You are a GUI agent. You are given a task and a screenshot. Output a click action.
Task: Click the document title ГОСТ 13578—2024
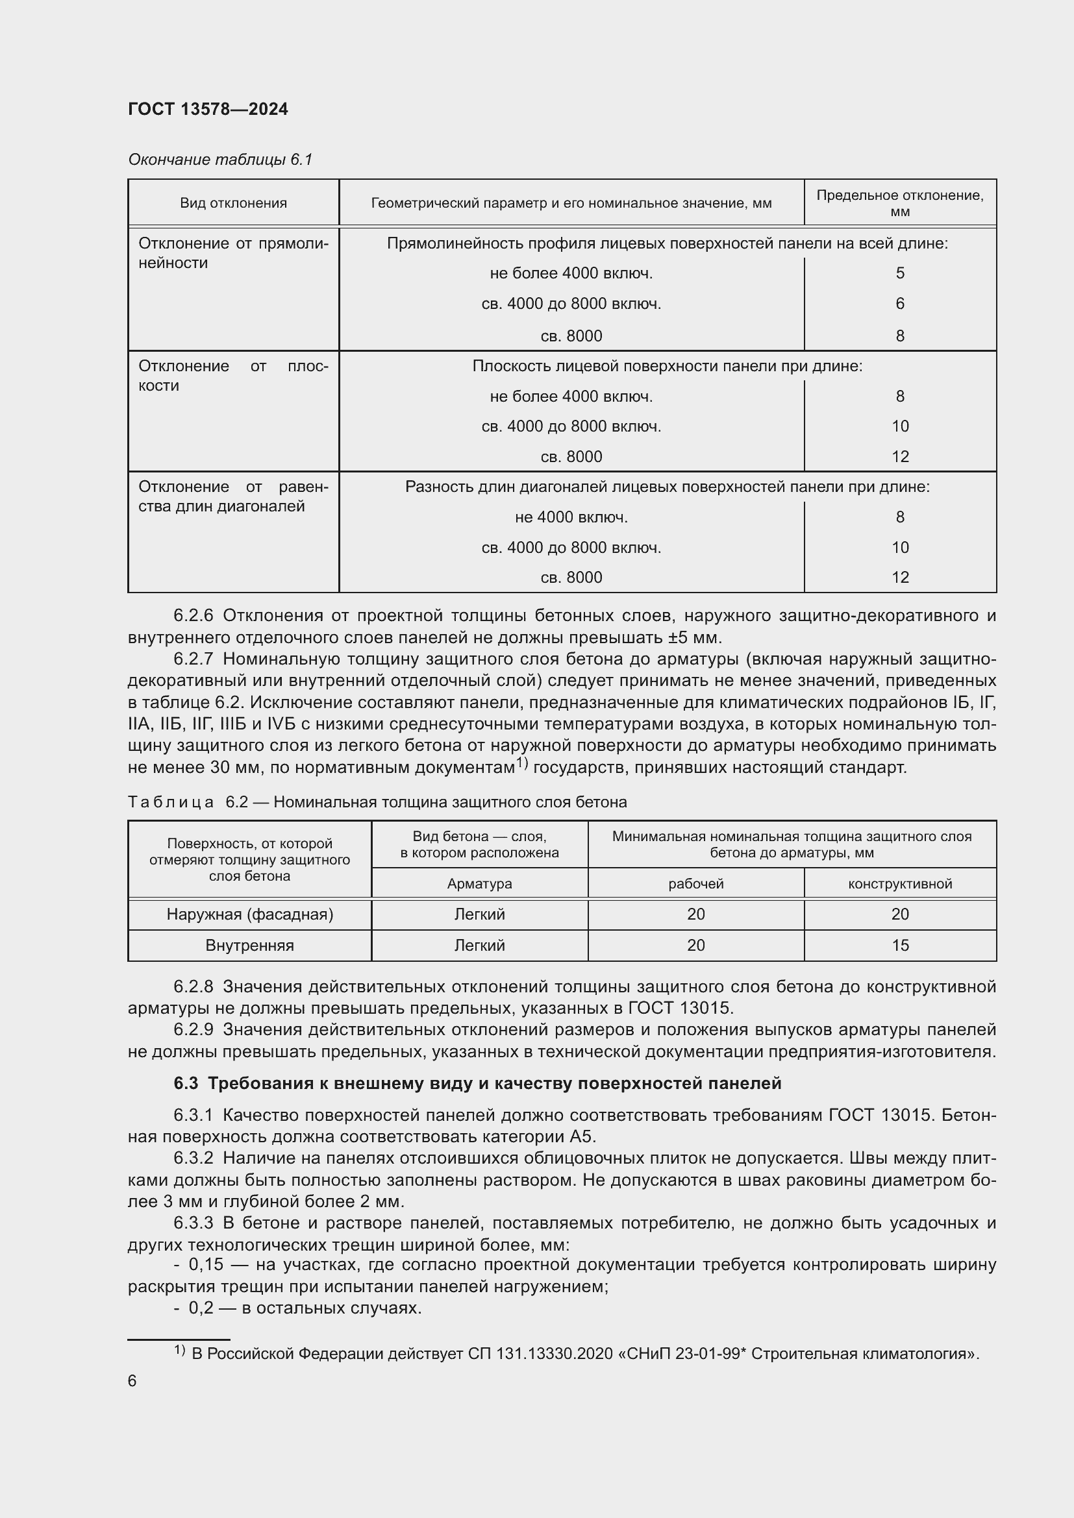point(208,109)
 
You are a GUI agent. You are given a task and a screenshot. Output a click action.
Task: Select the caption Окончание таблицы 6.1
point(219,160)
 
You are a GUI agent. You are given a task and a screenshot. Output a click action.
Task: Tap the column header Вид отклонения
point(234,203)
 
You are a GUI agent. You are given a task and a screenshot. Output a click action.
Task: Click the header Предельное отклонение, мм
point(899,203)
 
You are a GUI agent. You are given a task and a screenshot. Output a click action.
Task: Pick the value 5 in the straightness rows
point(899,273)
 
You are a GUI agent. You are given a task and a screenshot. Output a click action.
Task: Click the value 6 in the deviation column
point(899,304)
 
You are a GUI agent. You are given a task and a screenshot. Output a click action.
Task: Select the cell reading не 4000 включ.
point(571,517)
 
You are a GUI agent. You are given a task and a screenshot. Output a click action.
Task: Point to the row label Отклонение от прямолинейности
point(233,253)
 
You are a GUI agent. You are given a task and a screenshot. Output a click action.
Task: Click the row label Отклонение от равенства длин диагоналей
point(233,496)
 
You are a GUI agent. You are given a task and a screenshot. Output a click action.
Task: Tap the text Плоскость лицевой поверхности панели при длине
point(667,365)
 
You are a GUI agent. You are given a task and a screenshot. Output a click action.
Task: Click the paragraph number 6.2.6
point(193,615)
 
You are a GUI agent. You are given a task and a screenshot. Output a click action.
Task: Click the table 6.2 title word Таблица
point(171,802)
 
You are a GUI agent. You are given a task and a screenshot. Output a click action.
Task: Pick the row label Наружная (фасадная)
point(249,914)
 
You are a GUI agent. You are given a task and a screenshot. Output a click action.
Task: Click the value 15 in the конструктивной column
point(899,946)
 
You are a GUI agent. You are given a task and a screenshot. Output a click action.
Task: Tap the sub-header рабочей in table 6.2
point(695,883)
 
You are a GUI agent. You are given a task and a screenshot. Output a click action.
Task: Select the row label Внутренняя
point(249,946)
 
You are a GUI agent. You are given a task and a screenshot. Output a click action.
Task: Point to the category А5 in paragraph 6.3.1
point(582,1136)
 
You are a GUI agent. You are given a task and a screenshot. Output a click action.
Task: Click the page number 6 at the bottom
point(132,1380)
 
